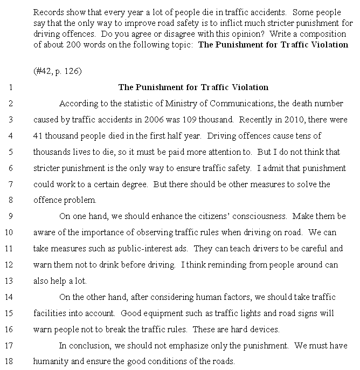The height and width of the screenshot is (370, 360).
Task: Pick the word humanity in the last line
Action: coord(51,362)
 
